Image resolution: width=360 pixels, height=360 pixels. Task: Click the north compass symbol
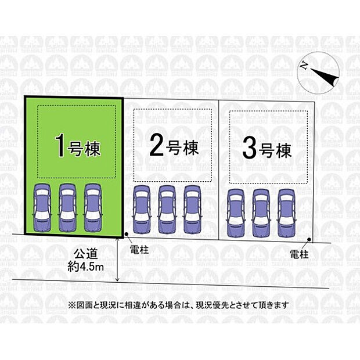[x=318, y=72]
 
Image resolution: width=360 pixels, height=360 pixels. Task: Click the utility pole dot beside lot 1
[x=127, y=234]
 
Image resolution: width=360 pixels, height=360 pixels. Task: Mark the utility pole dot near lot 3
[x=309, y=239]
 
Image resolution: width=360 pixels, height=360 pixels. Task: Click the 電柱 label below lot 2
[x=139, y=250]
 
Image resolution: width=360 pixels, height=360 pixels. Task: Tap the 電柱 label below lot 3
[x=299, y=254]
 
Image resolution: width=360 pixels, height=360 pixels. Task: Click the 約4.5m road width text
[x=85, y=267]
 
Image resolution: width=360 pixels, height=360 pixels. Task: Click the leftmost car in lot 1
[x=42, y=207]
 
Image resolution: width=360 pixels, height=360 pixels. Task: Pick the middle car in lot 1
[x=67, y=207]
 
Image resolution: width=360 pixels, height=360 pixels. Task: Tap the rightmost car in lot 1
[x=93, y=207]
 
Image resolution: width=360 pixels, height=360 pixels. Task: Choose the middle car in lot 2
[x=167, y=210]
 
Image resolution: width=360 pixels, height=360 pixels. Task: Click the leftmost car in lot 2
[x=142, y=210]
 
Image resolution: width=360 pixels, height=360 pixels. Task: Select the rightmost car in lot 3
[x=286, y=213]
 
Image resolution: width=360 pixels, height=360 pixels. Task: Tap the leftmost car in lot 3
[x=236, y=213]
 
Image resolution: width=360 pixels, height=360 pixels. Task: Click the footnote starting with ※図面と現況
[x=178, y=305]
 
